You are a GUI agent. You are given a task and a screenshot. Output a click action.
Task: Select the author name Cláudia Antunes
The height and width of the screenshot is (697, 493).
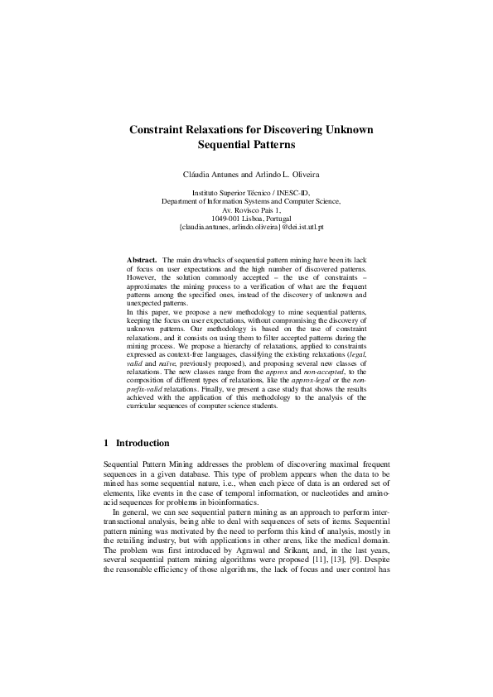(x=208, y=175)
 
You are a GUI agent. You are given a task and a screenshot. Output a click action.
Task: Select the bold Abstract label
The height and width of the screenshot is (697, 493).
(x=142, y=261)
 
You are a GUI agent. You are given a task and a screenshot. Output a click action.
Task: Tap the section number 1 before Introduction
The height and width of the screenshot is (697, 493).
(x=106, y=444)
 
